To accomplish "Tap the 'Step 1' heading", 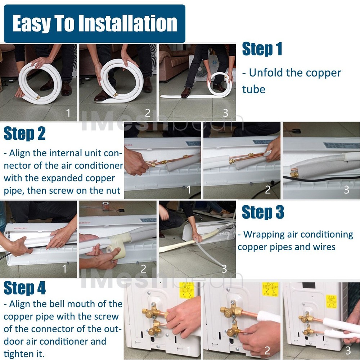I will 262,49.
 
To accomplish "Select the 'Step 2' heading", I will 25,134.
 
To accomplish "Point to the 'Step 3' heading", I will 263,212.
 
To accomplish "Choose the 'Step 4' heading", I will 25,288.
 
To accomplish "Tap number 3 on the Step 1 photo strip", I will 226,113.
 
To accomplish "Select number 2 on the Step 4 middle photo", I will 267,350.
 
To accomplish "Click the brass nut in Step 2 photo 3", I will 294,175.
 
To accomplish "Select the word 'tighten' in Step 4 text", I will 18,353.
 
